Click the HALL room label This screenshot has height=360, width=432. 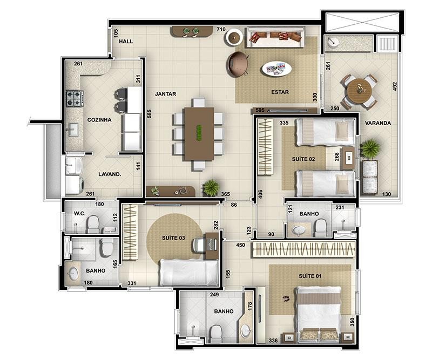point(126,42)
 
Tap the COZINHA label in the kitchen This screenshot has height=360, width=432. point(99,120)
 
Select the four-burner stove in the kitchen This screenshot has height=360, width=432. point(75,99)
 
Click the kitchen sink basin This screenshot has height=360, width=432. point(73,130)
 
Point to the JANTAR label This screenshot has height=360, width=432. point(165,94)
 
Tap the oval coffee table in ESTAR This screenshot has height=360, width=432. point(276,69)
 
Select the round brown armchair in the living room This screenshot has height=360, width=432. point(238,64)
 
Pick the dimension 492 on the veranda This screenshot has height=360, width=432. point(395,87)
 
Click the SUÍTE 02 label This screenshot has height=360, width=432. point(303,159)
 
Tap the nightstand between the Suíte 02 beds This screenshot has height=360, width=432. point(348,158)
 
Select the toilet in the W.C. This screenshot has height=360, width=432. point(93,225)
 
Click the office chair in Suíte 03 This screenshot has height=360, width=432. point(199,244)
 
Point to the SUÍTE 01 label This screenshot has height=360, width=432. point(310,276)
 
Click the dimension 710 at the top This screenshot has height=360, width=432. point(221,29)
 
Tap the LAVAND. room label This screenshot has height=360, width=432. point(110,174)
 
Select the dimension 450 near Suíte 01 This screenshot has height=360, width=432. point(240,245)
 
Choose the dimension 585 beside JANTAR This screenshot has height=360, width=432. point(149,114)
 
